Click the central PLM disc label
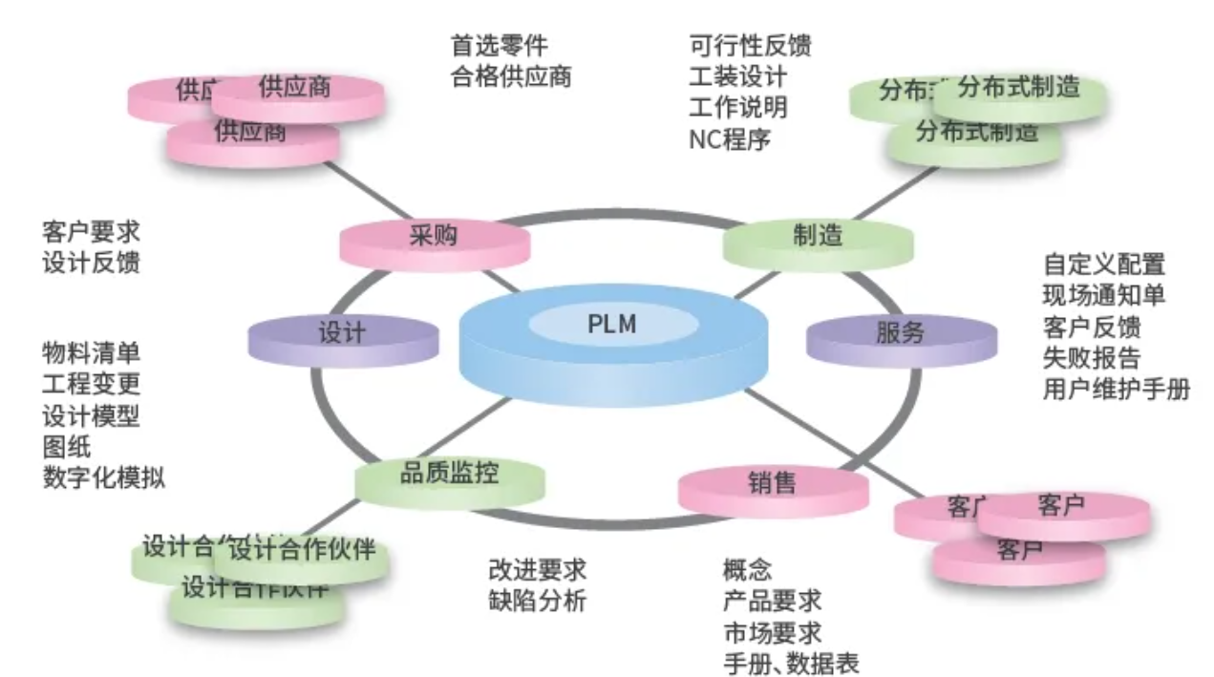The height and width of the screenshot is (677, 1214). point(611,326)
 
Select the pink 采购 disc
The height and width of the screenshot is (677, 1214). point(434,238)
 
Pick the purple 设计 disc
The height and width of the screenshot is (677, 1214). point(342,333)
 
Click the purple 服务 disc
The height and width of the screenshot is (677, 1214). point(901,333)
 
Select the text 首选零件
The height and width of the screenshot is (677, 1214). point(500,45)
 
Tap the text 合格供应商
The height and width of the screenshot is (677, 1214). point(511,75)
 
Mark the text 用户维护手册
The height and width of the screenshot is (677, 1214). point(1117,390)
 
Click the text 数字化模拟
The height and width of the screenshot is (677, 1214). point(103,476)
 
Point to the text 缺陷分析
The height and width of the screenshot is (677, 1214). point(537,602)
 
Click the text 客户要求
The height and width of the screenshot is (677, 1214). point(91,231)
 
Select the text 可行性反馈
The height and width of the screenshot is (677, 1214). point(750,45)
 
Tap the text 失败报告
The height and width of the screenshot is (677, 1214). point(1092,358)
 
